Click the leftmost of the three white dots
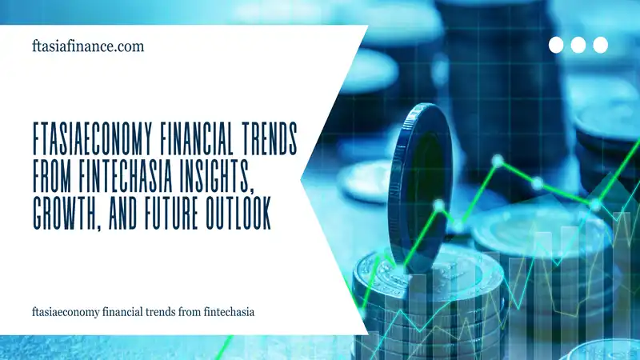click(556, 45)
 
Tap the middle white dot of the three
click(578, 45)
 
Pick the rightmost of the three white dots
click(601, 45)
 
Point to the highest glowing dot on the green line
click(498, 162)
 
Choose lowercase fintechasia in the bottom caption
click(229, 311)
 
